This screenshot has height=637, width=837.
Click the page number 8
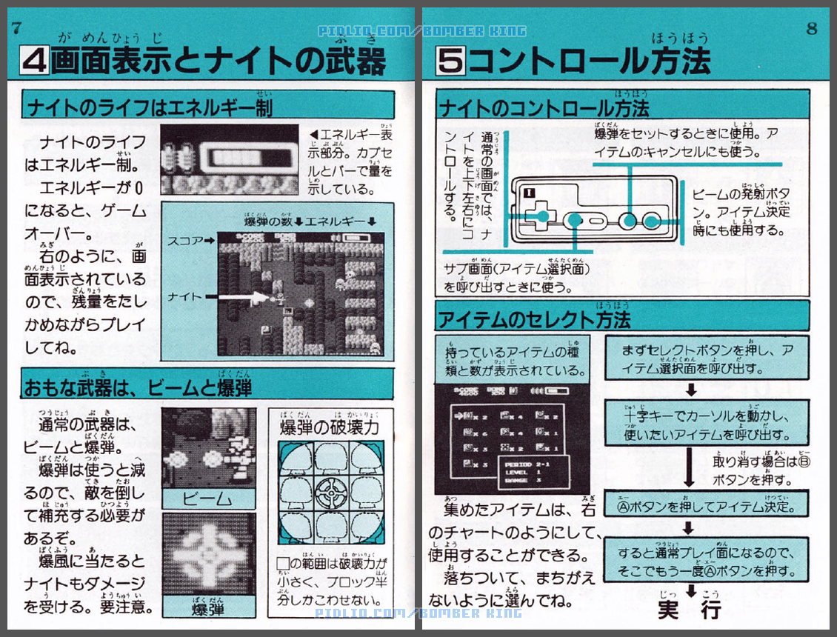pos(812,28)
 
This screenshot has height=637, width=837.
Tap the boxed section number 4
pos(34,60)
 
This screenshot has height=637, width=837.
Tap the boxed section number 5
pos(450,60)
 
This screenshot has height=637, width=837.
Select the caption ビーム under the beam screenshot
pos(208,496)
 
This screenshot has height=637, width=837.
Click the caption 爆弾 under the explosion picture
pos(208,609)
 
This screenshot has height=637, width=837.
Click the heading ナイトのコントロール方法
pos(544,109)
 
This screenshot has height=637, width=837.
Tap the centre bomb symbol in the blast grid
pos(330,490)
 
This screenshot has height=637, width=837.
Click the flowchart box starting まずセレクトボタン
pos(704,358)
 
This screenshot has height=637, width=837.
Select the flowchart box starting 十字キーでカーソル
pos(704,424)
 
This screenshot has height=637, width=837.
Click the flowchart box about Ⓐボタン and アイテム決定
pos(704,507)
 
